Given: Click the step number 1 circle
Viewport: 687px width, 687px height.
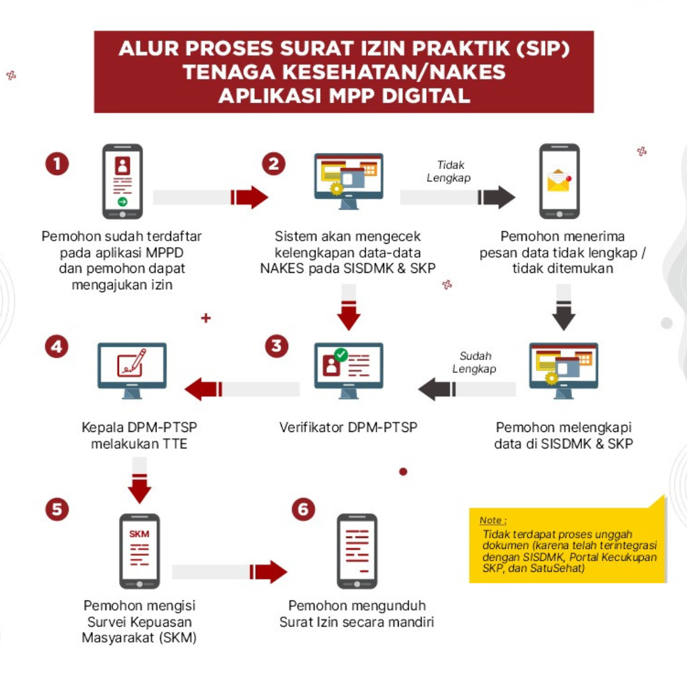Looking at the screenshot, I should point(57,164).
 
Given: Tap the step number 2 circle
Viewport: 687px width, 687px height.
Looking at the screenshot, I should point(274,164).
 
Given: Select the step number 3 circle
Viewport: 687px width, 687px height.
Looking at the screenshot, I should point(276,347).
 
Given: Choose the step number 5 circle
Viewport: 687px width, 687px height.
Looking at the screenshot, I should point(57,509).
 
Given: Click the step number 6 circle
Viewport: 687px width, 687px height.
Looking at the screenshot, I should point(303,509).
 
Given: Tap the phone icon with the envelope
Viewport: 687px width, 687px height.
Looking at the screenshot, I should point(559,181).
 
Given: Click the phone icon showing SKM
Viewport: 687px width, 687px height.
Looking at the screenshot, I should point(139,551).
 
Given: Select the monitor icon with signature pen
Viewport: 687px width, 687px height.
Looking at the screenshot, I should point(132,370).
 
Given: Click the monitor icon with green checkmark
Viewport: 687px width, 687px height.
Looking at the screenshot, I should point(349,370).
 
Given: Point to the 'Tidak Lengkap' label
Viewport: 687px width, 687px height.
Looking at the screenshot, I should point(449,172).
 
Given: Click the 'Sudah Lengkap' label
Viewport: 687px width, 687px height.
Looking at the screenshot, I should point(475,363).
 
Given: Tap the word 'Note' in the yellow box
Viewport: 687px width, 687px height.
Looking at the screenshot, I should point(492,520).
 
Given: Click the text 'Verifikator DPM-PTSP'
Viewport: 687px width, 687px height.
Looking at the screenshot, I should point(348,427).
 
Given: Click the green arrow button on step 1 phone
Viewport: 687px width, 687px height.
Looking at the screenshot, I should point(123,202).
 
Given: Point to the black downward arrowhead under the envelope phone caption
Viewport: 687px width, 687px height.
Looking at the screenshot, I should point(564,319).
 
